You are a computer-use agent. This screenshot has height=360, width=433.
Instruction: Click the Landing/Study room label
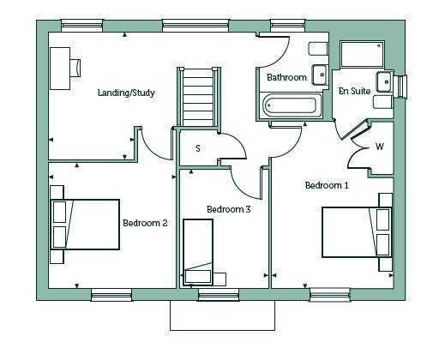click(x=126, y=93)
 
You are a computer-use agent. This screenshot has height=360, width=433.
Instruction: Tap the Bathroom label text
click(x=286, y=77)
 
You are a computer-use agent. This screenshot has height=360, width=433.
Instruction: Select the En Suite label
click(x=354, y=91)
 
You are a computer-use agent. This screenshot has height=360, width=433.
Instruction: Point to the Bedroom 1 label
click(x=327, y=185)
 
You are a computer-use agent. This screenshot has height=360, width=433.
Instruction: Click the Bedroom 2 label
click(x=145, y=223)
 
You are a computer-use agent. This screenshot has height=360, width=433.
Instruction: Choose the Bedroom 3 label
click(x=229, y=209)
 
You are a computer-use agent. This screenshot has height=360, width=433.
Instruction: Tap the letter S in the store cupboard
click(x=198, y=148)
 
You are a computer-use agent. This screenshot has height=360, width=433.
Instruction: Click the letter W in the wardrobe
click(x=380, y=147)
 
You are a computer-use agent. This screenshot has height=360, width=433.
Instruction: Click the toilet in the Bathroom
click(x=318, y=49)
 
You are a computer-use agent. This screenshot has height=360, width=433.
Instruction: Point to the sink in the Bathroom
click(x=320, y=75)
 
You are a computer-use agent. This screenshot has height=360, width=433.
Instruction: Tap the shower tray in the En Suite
click(x=362, y=54)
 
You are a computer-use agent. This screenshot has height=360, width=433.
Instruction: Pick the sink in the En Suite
click(x=384, y=82)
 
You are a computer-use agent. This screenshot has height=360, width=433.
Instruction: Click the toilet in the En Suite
click(x=383, y=102)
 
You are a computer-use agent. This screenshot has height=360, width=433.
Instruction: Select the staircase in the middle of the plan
click(x=199, y=97)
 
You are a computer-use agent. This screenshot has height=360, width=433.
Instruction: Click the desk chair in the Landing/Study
click(x=75, y=68)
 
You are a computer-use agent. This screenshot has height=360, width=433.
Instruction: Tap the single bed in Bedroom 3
click(x=198, y=252)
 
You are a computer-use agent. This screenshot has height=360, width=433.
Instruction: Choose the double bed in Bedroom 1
click(x=357, y=232)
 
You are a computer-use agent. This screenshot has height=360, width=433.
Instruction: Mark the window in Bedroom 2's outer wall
click(x=111, y=295)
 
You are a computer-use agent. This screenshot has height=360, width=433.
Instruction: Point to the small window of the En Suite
click(x=400, y=87)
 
